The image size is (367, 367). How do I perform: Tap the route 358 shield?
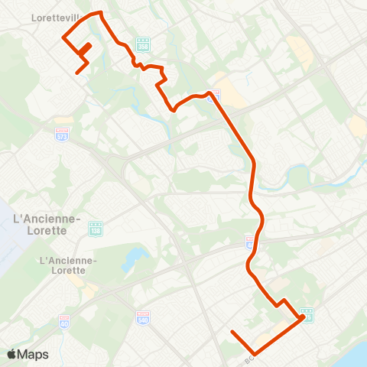pos(143,45)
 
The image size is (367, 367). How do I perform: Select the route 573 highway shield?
pos(62,133)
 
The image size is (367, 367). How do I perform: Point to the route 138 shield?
pos(96,228)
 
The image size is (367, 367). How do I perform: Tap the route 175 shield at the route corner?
pos(306,317)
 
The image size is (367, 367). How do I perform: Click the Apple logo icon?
pos(12,354)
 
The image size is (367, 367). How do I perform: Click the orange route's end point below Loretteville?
pos(77,73)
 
